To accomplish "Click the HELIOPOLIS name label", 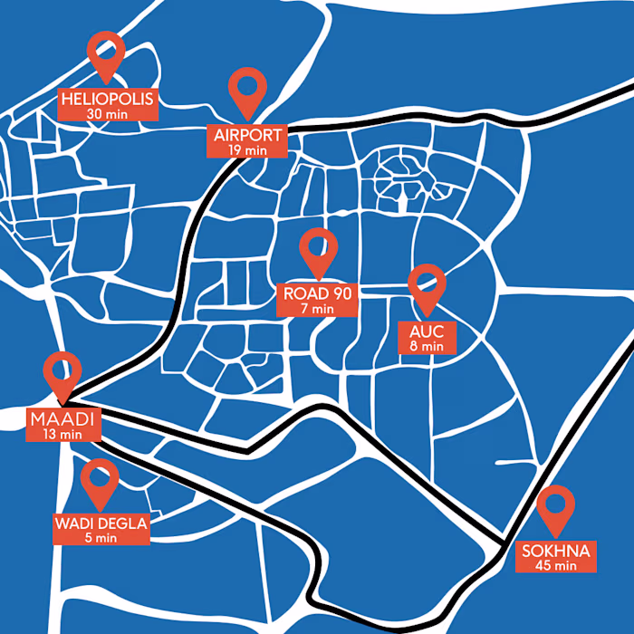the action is [108, 99].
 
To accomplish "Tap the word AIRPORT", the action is [249, 136].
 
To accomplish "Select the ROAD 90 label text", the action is [318, 293].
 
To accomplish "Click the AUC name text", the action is [426, 331].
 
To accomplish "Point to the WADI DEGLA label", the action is [100, 524].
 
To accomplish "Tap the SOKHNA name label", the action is [556, 551].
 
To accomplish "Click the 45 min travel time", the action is [556, 565].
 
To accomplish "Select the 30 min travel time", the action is [108, 113].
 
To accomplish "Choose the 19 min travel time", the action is [248, 150].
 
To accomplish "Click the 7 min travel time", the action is [318, 308].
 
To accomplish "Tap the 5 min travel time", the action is [101, 537].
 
